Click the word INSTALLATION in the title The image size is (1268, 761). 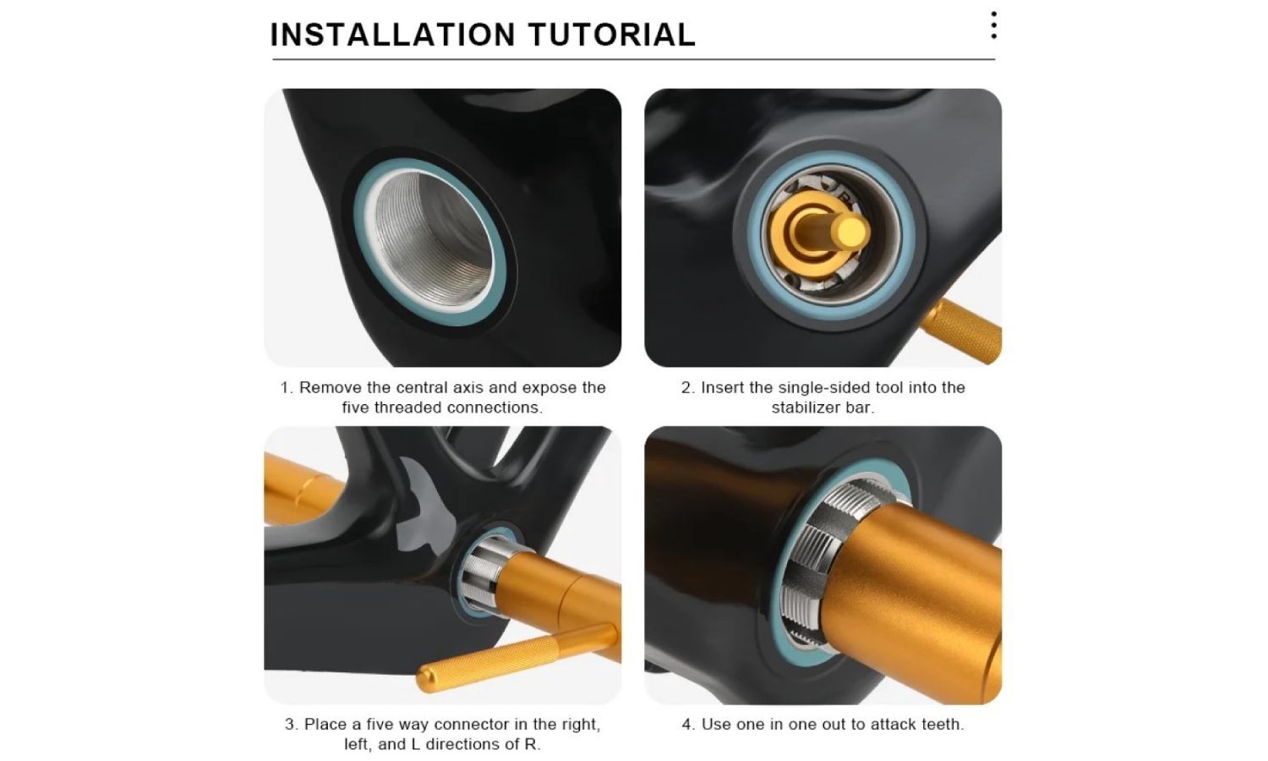(x=393, y=35)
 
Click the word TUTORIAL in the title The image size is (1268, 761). (x=612, y=35)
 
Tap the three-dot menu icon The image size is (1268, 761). (x=993, y=25)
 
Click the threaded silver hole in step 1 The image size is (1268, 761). (x=433, y=241)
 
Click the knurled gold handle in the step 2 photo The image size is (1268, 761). (x=961, y=331)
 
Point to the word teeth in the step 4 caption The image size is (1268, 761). (x=943, y=724)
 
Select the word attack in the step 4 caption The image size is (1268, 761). (x=893, y=724)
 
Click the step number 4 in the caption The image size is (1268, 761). (x=688, y=724)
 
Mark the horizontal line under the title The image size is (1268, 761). (x=633, y=59)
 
